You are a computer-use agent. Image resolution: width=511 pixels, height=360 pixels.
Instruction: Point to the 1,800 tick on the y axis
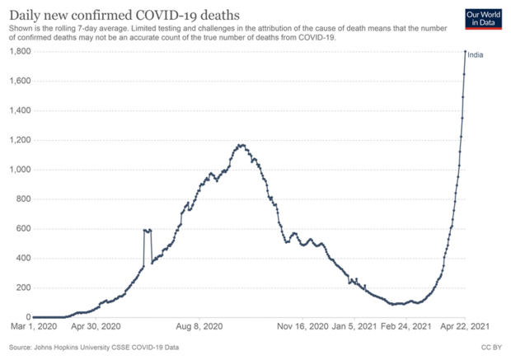(x=18, y=52)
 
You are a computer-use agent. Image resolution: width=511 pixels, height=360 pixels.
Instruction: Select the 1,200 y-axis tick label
(x=18, y=140)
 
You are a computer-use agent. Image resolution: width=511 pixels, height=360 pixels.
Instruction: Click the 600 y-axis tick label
(x=22, y=229)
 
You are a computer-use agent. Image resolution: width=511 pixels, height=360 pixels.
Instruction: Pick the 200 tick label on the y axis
(x=22, y=288)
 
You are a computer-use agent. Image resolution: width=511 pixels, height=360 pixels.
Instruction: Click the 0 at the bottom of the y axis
(x=28, y=317)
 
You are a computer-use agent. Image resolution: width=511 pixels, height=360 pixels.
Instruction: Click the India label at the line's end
(x=477, y=54)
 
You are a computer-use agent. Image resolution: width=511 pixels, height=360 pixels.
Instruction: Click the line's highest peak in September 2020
(x=241, y=146)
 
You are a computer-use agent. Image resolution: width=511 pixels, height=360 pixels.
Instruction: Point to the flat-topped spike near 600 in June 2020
(x=148, y=231)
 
